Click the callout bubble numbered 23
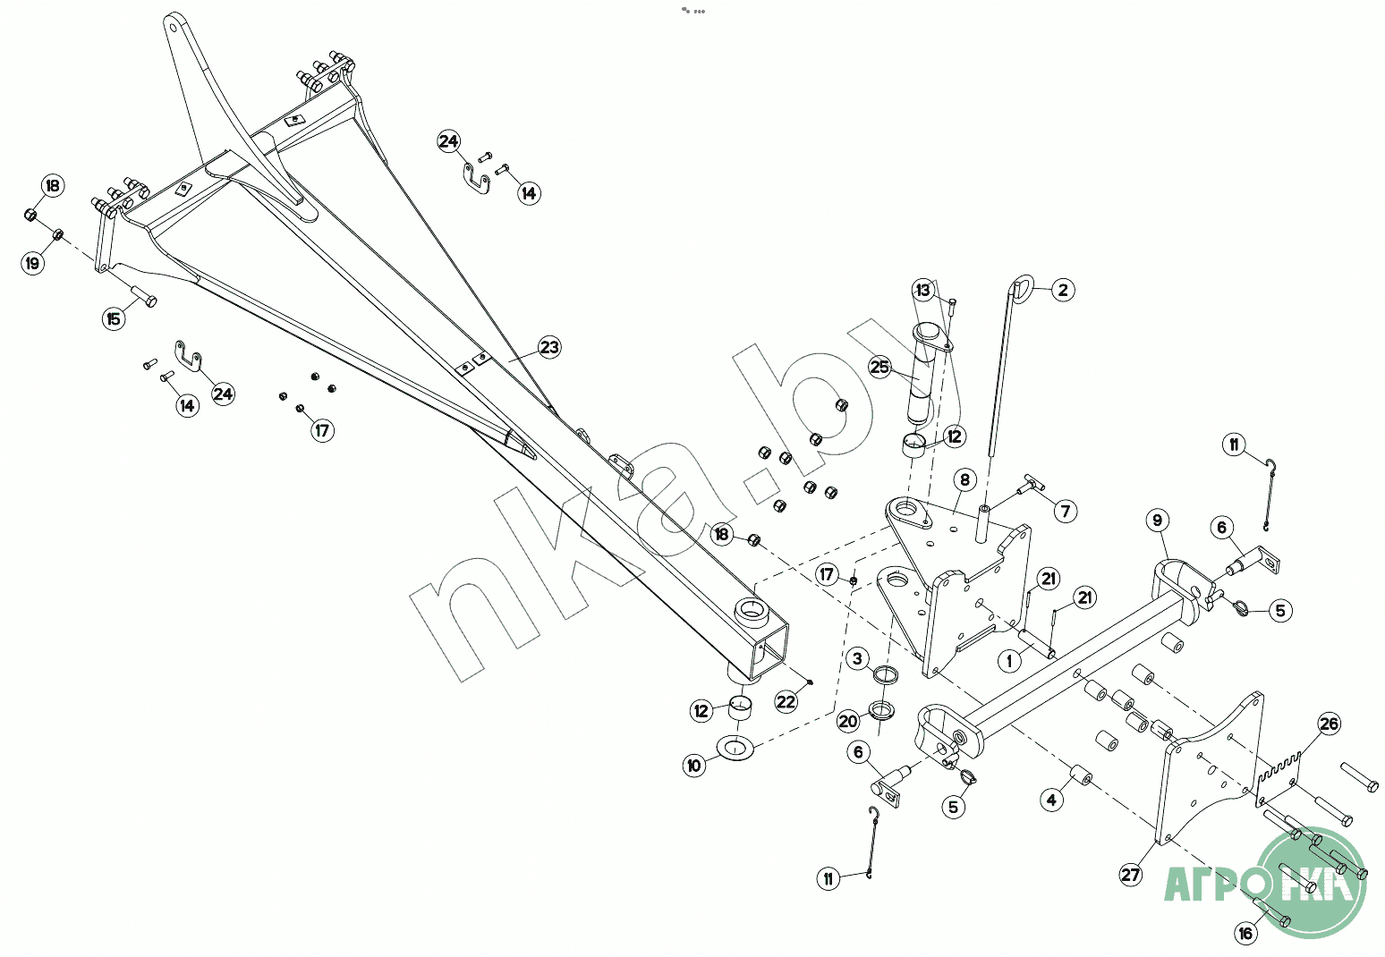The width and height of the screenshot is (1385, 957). pos(549,347)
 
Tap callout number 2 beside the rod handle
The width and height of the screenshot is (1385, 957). pos(1062,290)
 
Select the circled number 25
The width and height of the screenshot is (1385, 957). pos(880,368)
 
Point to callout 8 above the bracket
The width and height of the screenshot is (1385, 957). pos(964,480)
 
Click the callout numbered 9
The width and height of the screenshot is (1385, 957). pos(1157,521)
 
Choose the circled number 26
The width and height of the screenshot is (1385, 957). pos(1330,724)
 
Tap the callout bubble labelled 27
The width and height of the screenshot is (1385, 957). pos(1131,874)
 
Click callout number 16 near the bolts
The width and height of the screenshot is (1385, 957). pos(1246,934)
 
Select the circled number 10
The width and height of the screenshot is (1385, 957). pos(694,766)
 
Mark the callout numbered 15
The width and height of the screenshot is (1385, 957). pos(114,318)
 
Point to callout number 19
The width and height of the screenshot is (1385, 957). pos(33,263)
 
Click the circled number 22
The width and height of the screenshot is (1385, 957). pos(786,702)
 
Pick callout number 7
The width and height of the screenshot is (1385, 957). pos(1065,511)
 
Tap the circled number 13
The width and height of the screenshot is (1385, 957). pos(923,291)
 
